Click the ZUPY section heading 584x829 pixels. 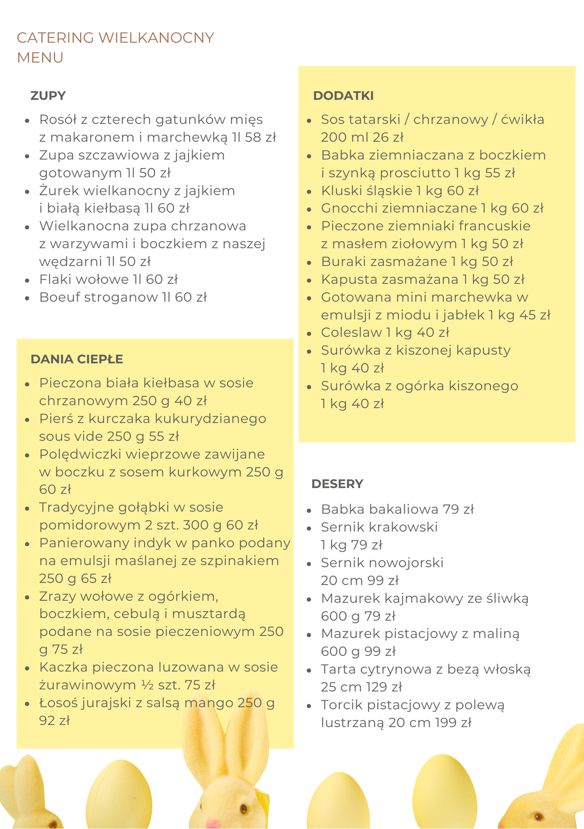click(48, 96)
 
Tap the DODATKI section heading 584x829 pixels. click(343, 96)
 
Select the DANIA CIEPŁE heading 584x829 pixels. click(77, 359)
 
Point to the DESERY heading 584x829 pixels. click(337, 484)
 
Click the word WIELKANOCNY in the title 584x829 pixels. click(156, 38)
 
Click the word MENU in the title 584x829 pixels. click(40, 58)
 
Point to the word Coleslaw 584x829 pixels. click(351, 332)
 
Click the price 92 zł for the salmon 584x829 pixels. click(54, 721)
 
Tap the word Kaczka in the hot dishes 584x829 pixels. click(63, 667)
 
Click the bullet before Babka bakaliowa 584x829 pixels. click(309, 510)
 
